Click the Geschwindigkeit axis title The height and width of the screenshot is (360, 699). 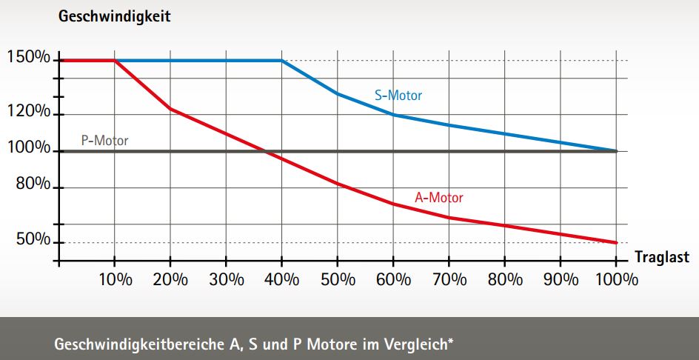tap(115, 16)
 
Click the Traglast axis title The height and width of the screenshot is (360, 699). tap(662, 257)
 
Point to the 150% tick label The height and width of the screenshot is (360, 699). tap(29, 58)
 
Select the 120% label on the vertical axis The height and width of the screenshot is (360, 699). tap(29, 112)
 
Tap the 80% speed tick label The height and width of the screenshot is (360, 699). tap(33, 184)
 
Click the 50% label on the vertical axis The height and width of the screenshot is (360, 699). tap(33, 241)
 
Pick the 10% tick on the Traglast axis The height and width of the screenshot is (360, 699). tap(115, 279)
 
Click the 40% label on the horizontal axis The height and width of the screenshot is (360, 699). tap(281, 279)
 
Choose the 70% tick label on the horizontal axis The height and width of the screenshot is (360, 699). tap(449, 279)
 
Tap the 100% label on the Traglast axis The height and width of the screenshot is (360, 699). tap(616, 279)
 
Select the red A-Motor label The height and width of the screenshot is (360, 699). tap(439, 198)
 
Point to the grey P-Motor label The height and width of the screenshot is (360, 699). tap(104, 139)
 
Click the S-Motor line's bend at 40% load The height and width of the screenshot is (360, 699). tap(281, 60)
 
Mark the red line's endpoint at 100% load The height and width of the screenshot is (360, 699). tap(616, 242)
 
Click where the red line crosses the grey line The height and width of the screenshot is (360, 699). tap(265, 151)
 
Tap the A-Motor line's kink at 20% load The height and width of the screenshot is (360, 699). tap(170, 109)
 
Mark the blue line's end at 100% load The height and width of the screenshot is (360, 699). tap(616, 150)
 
